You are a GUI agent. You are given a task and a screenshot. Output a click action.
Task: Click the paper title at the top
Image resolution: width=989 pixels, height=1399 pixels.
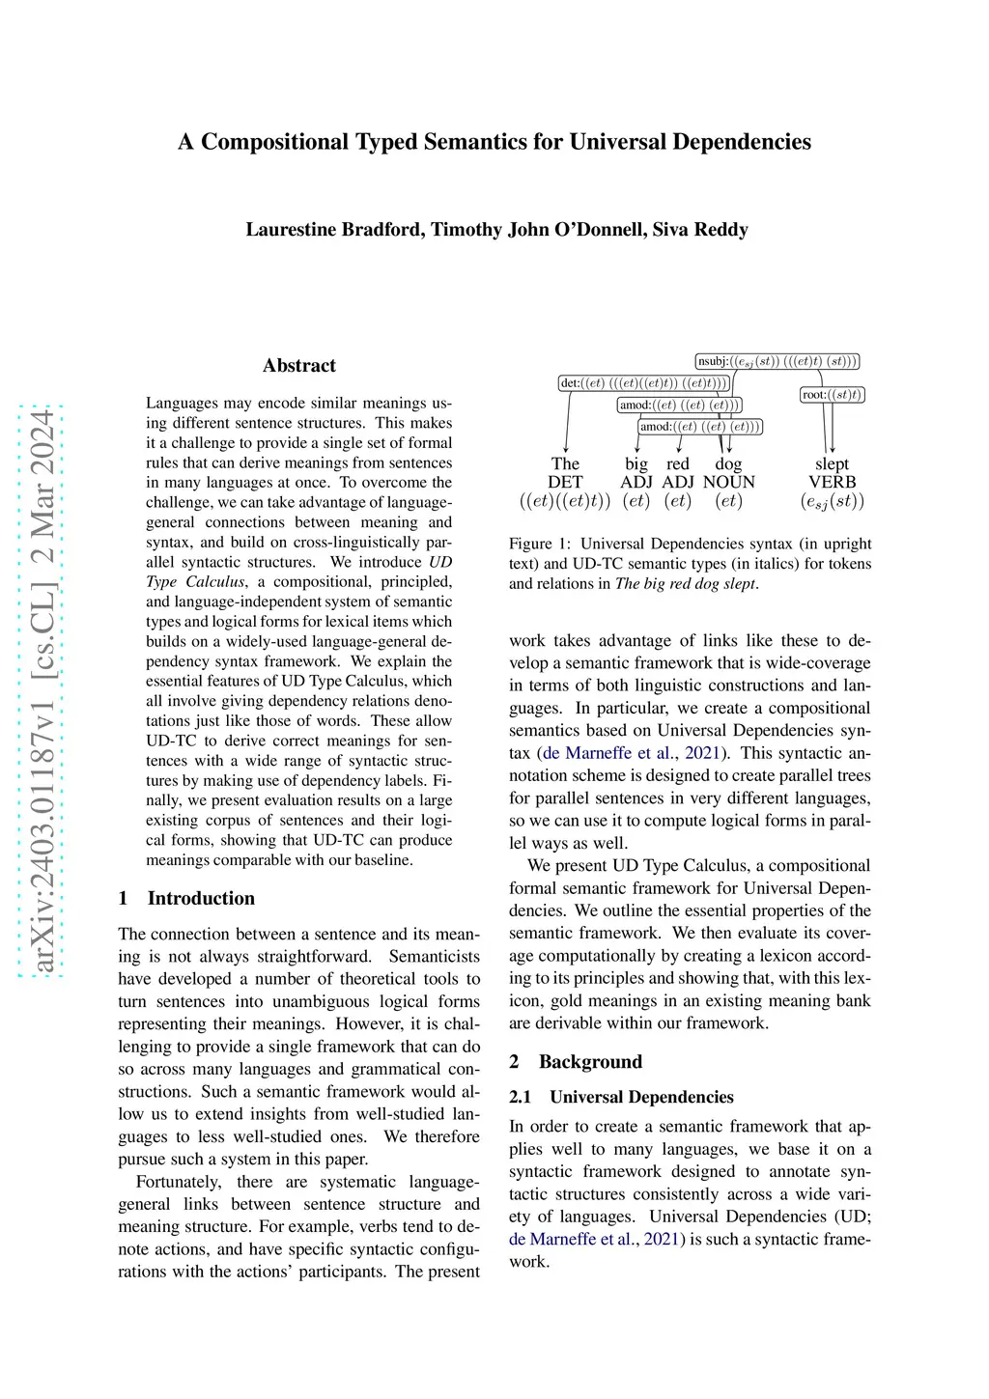[x=494, y=142]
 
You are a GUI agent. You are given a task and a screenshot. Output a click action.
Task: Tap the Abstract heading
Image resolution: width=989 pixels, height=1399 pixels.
[x=299, y=366]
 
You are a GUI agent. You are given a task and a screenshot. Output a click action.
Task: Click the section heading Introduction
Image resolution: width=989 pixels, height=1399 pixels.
[x=201, y=898]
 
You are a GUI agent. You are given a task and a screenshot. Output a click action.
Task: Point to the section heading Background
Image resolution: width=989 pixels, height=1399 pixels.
[x=590, y=1062]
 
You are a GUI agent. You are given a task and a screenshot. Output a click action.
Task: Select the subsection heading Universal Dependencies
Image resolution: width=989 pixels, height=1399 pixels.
[x=641, y=1097]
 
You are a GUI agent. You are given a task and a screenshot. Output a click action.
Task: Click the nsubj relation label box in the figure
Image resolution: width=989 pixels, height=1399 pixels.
[x=777, y=362]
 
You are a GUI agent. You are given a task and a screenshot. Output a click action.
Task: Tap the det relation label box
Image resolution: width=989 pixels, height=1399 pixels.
[x=644, y=383]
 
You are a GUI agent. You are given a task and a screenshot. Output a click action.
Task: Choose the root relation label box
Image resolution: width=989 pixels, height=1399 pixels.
[x=833, y=395]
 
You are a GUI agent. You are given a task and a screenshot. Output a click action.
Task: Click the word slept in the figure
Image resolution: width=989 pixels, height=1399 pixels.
[x=832, y=463]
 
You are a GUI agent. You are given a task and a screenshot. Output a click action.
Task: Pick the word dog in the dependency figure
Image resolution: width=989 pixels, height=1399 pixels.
[x=728, y=463]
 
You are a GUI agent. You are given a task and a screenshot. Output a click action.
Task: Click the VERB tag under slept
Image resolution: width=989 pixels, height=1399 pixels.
[x=832, y=482]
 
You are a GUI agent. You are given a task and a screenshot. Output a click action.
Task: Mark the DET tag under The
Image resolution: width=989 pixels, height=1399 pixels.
[x=565, y=482]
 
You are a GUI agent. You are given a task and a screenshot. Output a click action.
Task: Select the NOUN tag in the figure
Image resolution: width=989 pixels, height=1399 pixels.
[x=728, y=482]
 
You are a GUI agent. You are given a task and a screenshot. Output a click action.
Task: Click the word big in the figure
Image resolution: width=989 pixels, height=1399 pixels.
[x=636, y=463]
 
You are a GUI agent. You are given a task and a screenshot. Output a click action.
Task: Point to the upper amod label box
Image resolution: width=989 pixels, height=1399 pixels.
[x=680, y=405]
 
